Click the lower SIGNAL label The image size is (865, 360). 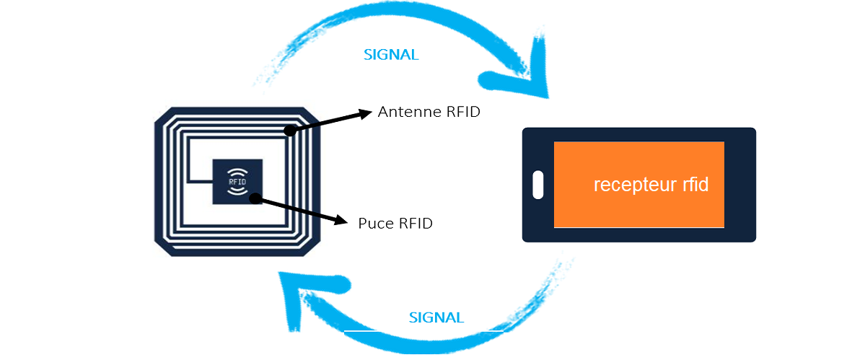436,317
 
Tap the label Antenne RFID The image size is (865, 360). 429,113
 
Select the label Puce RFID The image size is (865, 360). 395,224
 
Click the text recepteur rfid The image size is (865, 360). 651,185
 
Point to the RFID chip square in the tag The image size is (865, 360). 237,182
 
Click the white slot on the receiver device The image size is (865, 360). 537,185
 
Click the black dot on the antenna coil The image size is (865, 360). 290,131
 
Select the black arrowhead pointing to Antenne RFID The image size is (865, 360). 364,113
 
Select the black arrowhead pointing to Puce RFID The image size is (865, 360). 339,219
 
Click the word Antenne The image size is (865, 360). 403,113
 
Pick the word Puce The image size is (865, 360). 374,224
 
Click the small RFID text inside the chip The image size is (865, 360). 237,183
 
